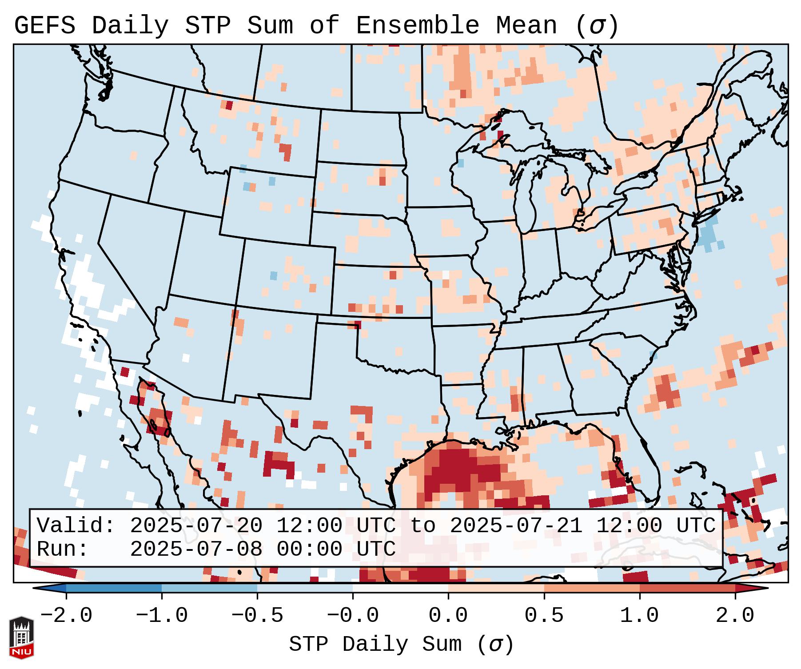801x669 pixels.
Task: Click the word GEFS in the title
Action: (45, 26)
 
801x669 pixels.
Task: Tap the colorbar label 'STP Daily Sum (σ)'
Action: (401, 645)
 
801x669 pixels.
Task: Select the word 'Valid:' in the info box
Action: (76, 526)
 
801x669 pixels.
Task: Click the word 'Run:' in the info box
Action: (63, 549)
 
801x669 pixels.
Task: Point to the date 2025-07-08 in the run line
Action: (196, 549)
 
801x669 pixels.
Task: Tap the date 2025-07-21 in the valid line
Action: (516, 526)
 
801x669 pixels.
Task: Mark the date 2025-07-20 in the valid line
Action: (196, 526)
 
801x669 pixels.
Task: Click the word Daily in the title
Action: (130, 26)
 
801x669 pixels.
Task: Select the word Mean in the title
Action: (526, 26)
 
